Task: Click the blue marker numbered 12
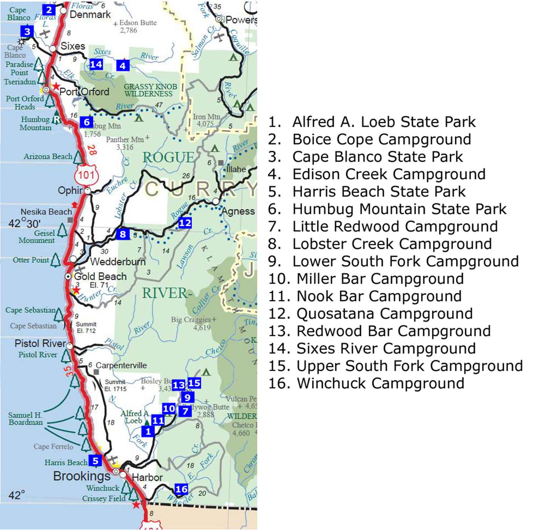tap(185, 223)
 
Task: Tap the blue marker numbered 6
tap(87, 122)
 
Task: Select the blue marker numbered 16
tap(181, 489)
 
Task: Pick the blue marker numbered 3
tap(27, 32)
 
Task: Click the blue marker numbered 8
tap(123, 234)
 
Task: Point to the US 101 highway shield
tap(86, 175)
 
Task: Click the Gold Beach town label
tap(100, 276)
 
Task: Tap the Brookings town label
tap(82, 476)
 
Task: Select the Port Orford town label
tap(84, 92)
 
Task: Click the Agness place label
tap(238, 211)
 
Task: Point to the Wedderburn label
tap(118, 262)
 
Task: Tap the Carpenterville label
tap(121, 365)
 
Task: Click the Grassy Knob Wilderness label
tap(150, 90)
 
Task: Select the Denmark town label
tap(90, 14)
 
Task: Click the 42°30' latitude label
tap(25, 223)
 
